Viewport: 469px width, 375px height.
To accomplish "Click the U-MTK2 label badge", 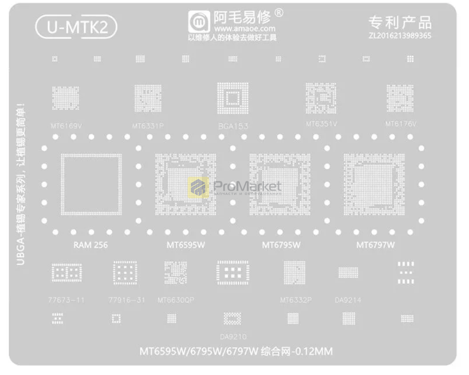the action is (76, 28).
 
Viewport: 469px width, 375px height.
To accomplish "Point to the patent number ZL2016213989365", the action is (400, 36).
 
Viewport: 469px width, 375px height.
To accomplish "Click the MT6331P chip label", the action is (147, 126).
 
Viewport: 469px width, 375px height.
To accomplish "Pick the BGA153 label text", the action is (233, 126).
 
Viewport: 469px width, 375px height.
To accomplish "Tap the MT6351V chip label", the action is (321, 124).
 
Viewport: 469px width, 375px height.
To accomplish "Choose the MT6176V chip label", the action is (401, 124).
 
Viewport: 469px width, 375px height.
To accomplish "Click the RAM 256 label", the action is (91, 245).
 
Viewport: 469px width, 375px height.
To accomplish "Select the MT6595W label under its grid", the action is (186, 245).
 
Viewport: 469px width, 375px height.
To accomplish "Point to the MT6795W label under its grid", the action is (281, 245).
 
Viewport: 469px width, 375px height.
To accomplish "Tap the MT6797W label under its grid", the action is (375, 245).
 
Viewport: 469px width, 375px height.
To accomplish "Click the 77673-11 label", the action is (66, 300).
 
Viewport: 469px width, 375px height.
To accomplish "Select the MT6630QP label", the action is (175, 300).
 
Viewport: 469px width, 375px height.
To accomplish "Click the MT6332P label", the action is (295, 300).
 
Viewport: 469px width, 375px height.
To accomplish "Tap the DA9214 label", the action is (348, 300).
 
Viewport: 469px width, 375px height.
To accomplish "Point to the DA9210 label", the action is (233, 336).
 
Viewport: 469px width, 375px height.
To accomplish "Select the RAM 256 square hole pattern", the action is (91, 184).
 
